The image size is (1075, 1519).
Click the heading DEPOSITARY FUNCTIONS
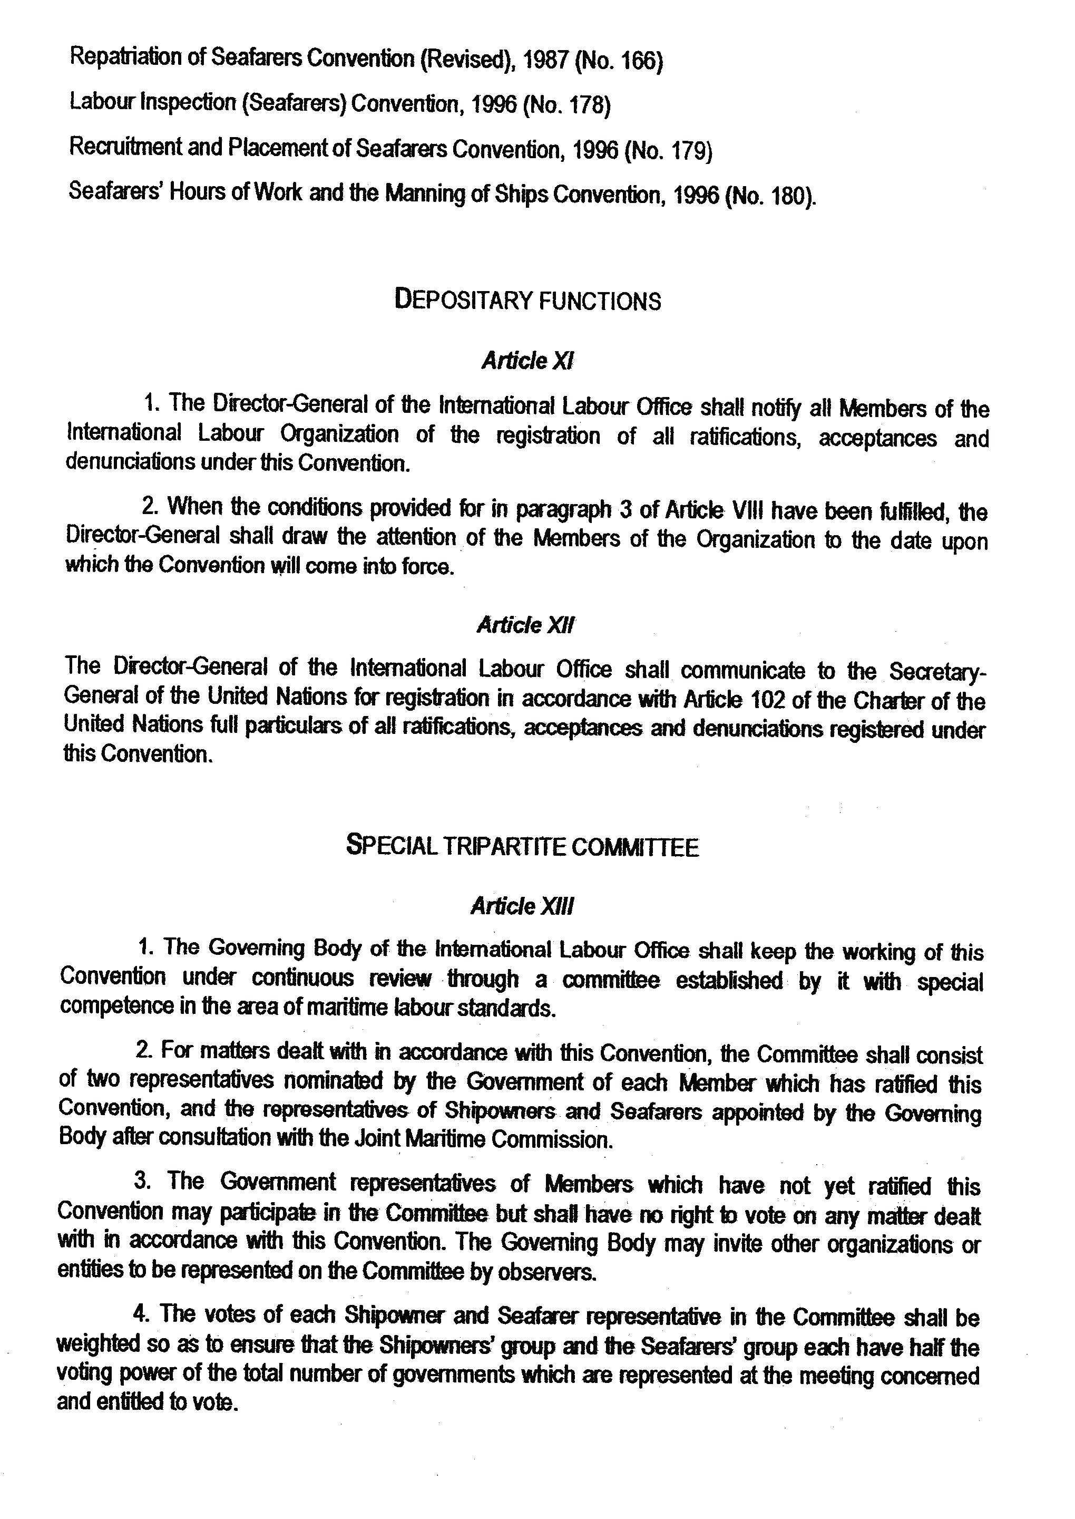[527, 301]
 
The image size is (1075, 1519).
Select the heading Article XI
[527, 362]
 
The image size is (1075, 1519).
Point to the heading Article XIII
[522, 906]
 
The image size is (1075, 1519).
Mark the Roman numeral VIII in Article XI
[749, 511]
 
